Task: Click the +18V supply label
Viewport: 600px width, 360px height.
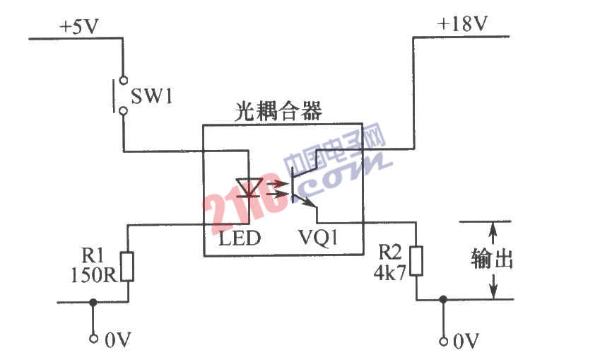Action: [462, 25]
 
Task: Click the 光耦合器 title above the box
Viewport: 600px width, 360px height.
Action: [278, 111]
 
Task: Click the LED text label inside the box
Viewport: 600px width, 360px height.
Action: [240, 239]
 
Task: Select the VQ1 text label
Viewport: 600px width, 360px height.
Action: [317, 239]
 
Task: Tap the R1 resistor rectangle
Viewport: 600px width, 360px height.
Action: [128, 267]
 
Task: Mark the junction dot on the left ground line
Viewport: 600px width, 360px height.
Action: [93, 302]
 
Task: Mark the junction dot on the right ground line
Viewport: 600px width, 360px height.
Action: [442, 299]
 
